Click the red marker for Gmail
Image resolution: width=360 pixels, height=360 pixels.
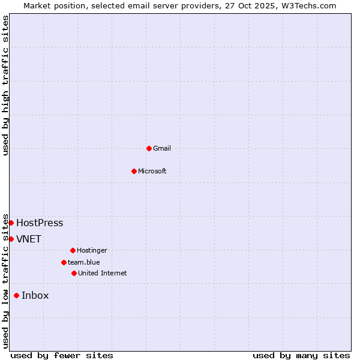(x=149, y=148)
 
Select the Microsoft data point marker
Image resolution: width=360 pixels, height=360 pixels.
(x=134, y=171)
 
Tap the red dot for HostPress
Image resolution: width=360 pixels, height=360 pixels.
(x=11, y=223)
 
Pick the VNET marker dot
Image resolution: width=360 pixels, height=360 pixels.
(x=11, y=239)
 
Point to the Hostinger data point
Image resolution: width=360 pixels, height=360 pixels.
(x=73, y=250)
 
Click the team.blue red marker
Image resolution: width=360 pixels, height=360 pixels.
(x=64, y=262)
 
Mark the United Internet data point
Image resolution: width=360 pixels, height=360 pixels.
(x=74, y=273)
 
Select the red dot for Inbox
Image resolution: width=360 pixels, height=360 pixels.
(x=16, y=295)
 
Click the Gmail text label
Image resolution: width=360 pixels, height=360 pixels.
(x=162, y=148)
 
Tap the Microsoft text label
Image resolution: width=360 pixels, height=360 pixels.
(x=152, y=171)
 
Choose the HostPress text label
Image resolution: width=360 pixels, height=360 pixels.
(x=40, y=223)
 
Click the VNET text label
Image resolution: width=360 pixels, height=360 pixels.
(x=29, y=239)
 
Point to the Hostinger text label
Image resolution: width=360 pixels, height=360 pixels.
(x=92, y=250)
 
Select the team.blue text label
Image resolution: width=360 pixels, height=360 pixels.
(x=84, y=262)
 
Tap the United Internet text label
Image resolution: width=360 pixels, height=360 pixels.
(x=103, y=273)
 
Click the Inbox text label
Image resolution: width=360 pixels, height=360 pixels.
(x=35, y=295)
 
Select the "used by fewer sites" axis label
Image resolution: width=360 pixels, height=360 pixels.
(x=62, y=355)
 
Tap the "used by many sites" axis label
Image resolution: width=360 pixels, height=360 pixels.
(x=301, y=355)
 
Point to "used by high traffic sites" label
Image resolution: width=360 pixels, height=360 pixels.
(x=5, y=85)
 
